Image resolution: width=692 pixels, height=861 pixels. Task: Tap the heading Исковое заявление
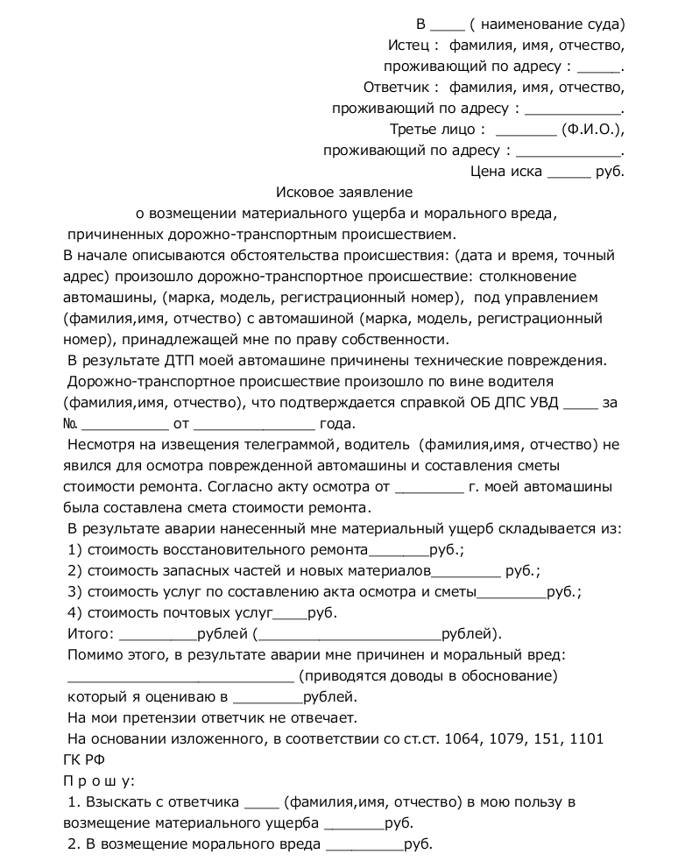point(344,191)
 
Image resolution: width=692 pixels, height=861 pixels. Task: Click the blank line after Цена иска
point(569,173)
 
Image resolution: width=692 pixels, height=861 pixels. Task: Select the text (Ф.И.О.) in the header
point(592,130)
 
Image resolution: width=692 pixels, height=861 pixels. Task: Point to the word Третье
point(413,130)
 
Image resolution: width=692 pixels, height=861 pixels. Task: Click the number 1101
point(585,739)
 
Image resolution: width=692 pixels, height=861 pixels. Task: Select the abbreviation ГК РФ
point(84,760)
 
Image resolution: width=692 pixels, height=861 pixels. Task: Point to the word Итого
point(89,633)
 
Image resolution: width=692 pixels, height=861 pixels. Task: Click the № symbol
point(72,425)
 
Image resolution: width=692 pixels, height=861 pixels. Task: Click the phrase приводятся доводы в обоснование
point(428,675)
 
